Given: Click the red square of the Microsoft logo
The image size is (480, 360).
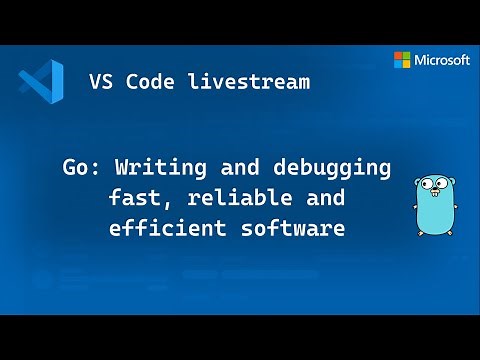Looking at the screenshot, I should (397, 55).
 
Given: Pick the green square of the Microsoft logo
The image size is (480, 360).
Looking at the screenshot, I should (406, 55).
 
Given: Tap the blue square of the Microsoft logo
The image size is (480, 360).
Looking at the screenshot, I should (397, 64).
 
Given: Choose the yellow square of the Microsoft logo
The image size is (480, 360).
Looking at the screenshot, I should (406, 64).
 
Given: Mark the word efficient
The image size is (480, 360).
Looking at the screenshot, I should (159, 228).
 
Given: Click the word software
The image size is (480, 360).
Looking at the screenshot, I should (295, 228).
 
